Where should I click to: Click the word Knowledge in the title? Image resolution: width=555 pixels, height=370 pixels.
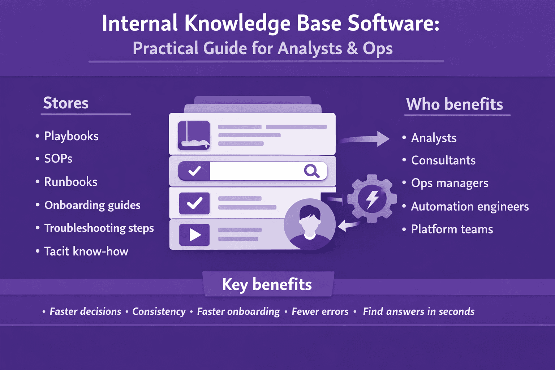tap(237, 24)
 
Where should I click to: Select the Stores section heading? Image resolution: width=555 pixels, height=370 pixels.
tap(66, 103)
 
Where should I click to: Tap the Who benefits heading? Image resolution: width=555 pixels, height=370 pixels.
tap(454, 104)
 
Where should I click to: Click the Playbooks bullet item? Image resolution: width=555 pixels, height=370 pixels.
tap(71, 136)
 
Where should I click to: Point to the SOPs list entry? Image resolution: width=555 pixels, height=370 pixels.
tap(58, 159)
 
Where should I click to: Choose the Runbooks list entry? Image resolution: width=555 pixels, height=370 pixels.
tap(71, 182)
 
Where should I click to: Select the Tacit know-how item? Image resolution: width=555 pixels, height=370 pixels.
tap(86, 251)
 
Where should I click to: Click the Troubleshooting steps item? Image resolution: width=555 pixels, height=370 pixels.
tap(99, 228)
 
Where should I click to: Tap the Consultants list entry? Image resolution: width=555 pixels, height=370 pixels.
tap(443, 160)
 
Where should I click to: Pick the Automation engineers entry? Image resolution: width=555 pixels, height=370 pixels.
tap(470, 206)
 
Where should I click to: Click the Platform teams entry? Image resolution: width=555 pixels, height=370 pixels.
tap(452, 229)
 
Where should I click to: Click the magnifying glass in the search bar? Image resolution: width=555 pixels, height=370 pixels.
tap(311, 171)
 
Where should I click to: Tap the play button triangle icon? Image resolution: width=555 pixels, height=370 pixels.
tap(195, 235)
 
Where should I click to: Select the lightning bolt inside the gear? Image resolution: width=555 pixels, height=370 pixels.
tap(372, 199)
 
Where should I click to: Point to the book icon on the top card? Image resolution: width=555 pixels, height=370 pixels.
tap(194, 136)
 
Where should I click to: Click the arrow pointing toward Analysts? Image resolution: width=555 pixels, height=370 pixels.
tap(365, 139)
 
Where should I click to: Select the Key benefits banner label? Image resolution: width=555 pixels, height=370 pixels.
tap(267, 284)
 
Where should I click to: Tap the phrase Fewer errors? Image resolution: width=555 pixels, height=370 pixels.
tap(320, 311)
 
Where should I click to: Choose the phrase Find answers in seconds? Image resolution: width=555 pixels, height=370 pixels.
tap(418, 311)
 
